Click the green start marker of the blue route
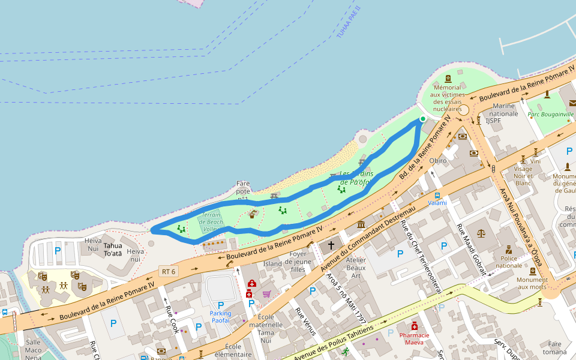click(x=423, y=119)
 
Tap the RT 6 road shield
click(x=169, y=271)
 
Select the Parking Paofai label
click(x=220, y=317)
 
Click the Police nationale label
click(x=509, y=261)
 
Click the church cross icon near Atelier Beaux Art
click(x=331, y=245)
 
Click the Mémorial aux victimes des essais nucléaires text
click(x=448, y=98)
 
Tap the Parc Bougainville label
click(x=550, y=114)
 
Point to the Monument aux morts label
click(x=532, y=283)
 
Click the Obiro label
click(x=439, y=160)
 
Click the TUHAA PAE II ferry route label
click(x=348, y=23)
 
